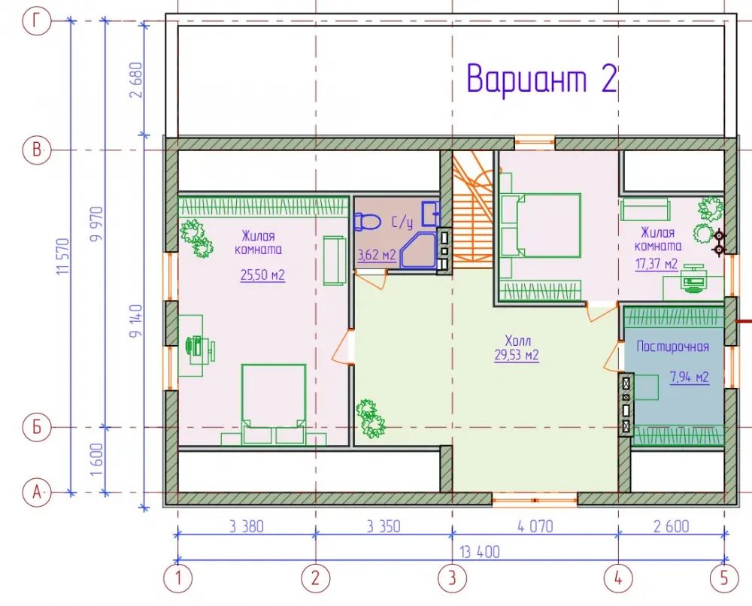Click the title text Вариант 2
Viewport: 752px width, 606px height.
point(541,78)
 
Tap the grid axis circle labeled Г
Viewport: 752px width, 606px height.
point(37,21)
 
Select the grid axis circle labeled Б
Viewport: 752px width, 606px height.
point(37,427)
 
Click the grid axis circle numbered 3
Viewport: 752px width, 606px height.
point(452,577)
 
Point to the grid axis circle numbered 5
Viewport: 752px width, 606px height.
point(724,577)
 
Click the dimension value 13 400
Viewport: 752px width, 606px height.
point(480,552)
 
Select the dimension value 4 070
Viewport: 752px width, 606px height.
point(535,526)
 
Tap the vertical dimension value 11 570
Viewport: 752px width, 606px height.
point(63,256)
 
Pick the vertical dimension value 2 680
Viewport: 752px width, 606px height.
point(136,80)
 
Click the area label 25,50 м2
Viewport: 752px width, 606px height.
point(262,275)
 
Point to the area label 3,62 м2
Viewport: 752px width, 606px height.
point(377,255)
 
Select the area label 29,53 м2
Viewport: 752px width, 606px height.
point(517,356)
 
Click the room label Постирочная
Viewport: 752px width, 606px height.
point(672,347)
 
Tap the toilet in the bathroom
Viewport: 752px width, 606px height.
point(367,222)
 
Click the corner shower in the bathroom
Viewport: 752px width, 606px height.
point(417,250)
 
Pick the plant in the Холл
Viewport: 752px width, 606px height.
point(370,419)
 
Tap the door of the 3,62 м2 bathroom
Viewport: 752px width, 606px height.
point(371,279)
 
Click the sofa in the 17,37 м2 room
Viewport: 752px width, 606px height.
point(645,210)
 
